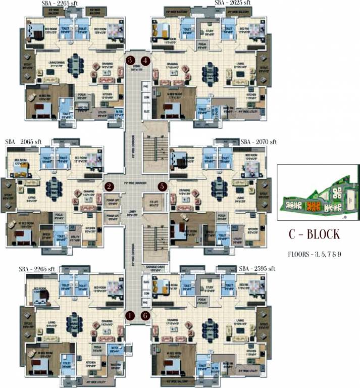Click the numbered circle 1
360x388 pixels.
click(x=130, y=315)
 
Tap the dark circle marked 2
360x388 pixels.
click(x=109, y=186)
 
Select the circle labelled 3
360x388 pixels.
click(x=130, y=61)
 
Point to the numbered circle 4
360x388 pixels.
click(x=146, y=61)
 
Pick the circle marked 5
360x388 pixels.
click(x=162, y=186)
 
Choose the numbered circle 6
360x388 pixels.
click(x=146, y=315)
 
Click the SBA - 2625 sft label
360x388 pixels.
click(x=233, y=3)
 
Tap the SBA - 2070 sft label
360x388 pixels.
click(x=259, y=142)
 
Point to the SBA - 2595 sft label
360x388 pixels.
click(x=256, y=268)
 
